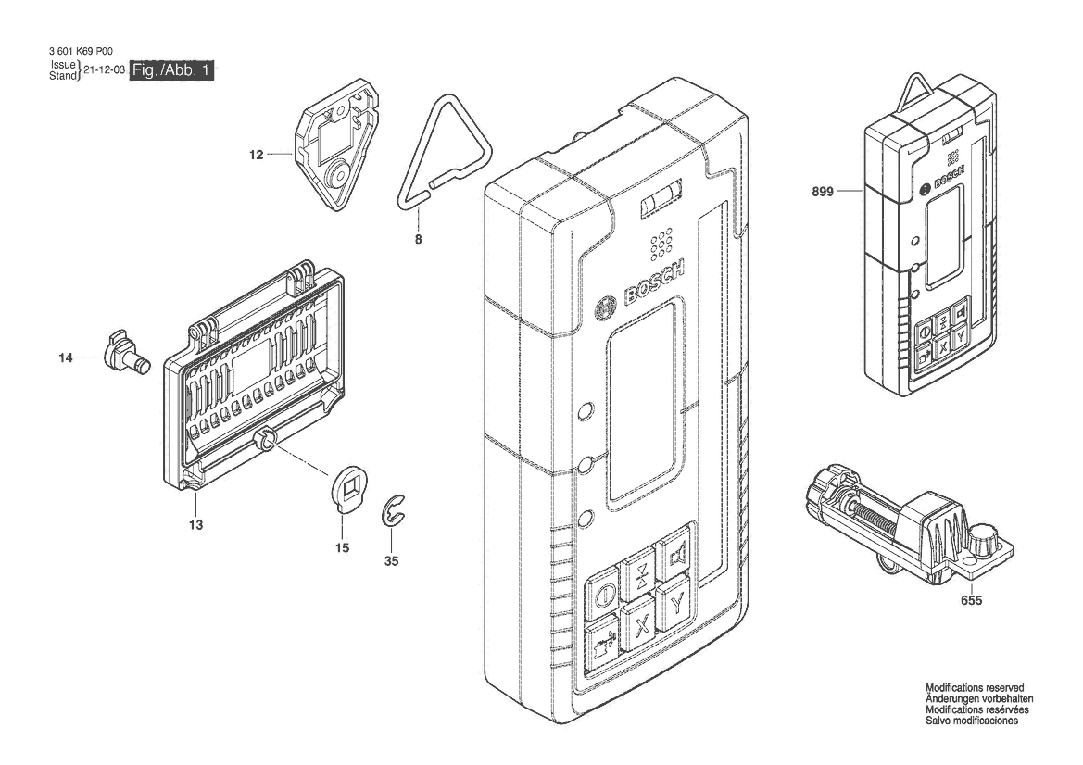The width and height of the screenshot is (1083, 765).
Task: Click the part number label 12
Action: point(257,155)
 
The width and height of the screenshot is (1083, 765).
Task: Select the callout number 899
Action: point(823,191)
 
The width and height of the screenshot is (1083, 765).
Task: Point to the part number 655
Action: point(971,600)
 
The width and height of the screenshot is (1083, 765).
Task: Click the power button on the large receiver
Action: point(602,593)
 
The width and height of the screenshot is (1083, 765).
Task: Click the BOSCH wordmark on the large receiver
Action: point(653,283)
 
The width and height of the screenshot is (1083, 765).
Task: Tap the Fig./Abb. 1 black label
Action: point(172,69)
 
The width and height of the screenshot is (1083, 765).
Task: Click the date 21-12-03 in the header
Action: point(104,69)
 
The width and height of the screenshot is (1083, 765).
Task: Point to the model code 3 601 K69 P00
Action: point(82,51)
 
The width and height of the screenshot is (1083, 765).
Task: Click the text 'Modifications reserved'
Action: point(975,688)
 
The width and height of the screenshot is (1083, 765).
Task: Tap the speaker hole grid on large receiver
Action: point(660,244)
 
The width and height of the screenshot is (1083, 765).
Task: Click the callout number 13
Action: point(196,525)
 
